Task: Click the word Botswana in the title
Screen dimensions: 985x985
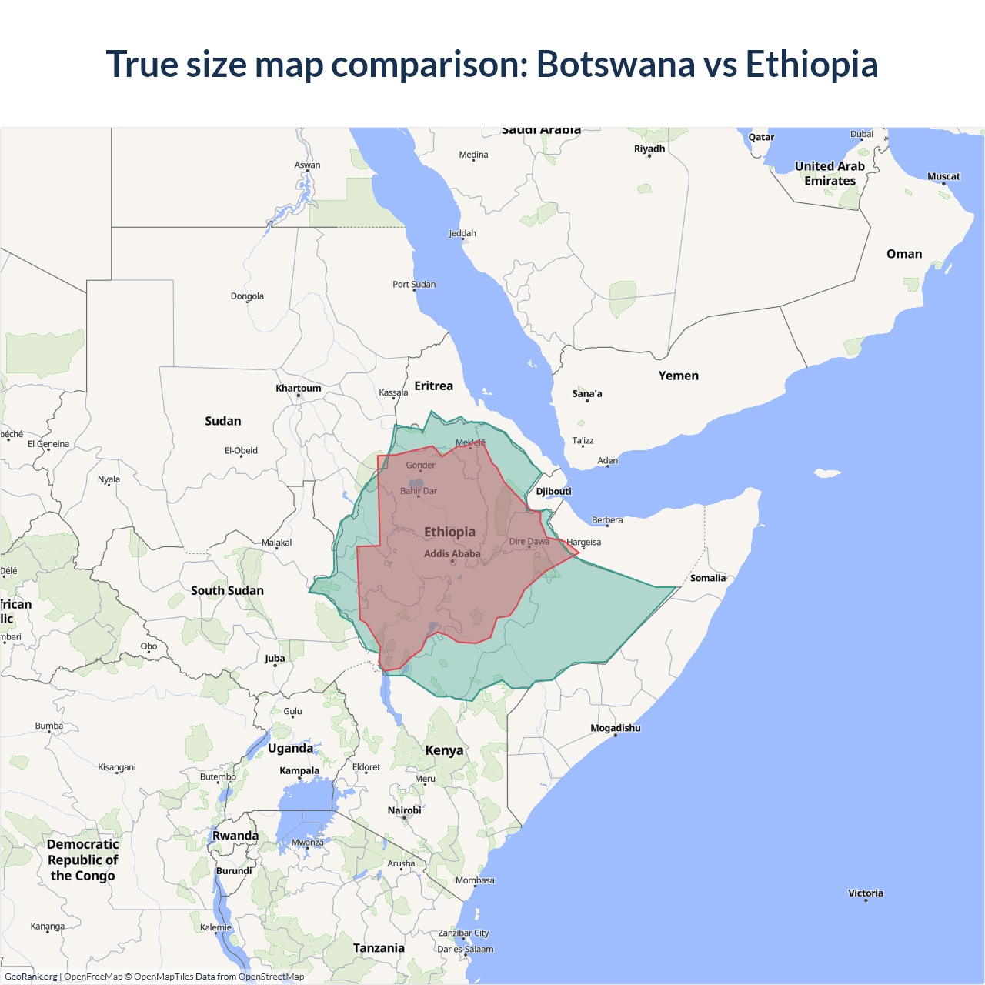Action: pyautogui.click(x=616, y=65)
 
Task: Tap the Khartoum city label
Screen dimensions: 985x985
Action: pyautogui.click(x=299, y=389)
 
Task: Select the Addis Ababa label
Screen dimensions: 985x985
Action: pyautogui.click(x=452, y=554)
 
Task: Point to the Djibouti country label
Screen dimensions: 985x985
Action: pyautogui.click(x=553, y=492)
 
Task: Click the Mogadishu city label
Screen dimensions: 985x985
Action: pyautogui.click(x=615, y=729)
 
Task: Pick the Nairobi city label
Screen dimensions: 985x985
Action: pyautogui.click(x=404, y=811)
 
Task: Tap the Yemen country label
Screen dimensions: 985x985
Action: pyautogui.click(x=678, y=376)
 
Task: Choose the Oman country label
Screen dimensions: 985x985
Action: pyautogui.click(x=903, y=255)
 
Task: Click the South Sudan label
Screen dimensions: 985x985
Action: pyautogui.click(x=227, y=591)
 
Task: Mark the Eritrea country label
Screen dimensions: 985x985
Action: pyautogui.click(x=433, y=386)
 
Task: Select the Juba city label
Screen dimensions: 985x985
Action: pyautogui.click(x=275, y=659)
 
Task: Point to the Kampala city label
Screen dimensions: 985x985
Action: pyautogui.click(x=299, y=771)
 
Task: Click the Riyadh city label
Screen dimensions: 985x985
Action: pyautogui.click(x=649, y=149)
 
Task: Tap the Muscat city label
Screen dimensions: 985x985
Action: pyautogui.click(x=943, y=177)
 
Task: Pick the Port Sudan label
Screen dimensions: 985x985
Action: pyautogui.click(x=414, y=285)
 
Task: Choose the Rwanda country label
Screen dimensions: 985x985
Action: pyautogui.click(x=235, y=836)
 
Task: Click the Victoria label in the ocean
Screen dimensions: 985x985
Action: pyautogui.click(x=866, y=893)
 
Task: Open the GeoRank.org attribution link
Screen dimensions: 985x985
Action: pyautogui.click(x=31, y=977)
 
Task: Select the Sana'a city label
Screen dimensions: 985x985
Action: pyautogui.click(x=587, y=394)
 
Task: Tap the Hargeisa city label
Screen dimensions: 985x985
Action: pyautogui.click(x=583, y=543)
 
